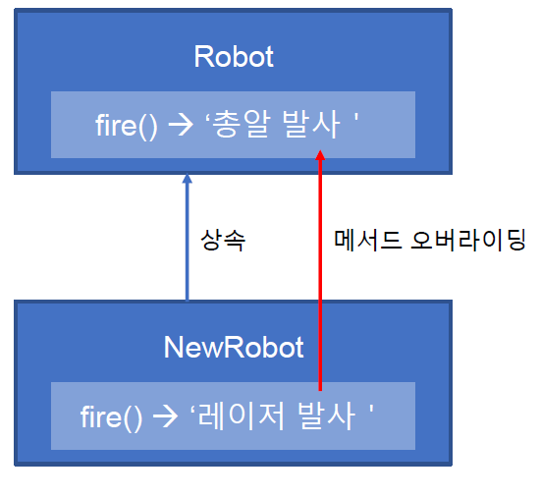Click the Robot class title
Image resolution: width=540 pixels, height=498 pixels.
point(234,57)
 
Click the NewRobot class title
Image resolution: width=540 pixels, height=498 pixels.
point(234,348)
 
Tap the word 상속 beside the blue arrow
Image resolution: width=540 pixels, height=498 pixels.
point(223,240)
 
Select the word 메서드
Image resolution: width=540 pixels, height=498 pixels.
point(368,240)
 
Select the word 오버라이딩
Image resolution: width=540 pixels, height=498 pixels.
point(468,240)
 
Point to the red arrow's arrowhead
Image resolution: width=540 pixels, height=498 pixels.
point(320,155)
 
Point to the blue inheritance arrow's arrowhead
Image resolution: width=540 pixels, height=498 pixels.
point(187,178)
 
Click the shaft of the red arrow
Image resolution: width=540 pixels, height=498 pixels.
point(320,275)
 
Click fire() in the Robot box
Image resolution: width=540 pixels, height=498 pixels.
point(127,126)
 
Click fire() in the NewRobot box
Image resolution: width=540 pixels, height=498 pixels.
point(111,417)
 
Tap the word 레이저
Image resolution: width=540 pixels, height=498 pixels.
point(242,415)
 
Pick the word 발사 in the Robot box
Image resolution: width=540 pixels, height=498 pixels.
point(311,124)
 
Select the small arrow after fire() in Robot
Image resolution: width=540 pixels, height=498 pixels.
point(181,126)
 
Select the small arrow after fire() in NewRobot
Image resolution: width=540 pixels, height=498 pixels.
point(165,416)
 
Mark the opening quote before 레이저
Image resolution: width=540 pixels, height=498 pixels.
point(192,410)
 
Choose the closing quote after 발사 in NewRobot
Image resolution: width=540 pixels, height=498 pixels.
point(371,410)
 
